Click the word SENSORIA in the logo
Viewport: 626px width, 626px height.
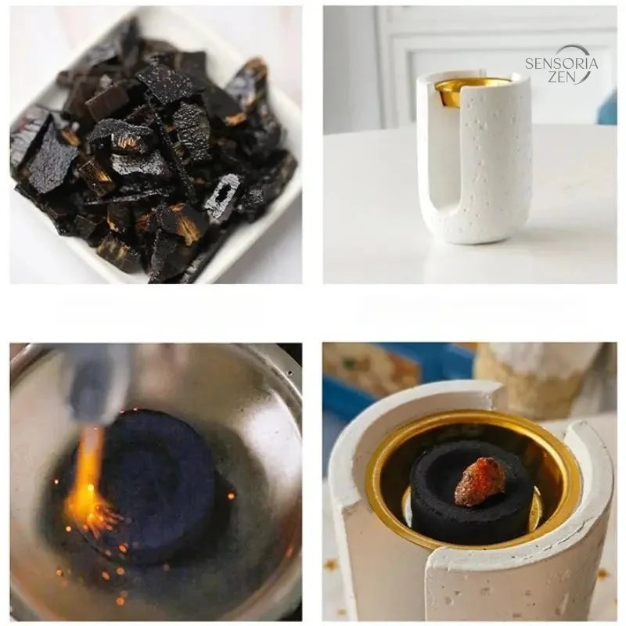coord(561,63)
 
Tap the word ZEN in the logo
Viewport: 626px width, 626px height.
coord(562,77)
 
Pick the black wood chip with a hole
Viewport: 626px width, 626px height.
coord(223,196)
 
